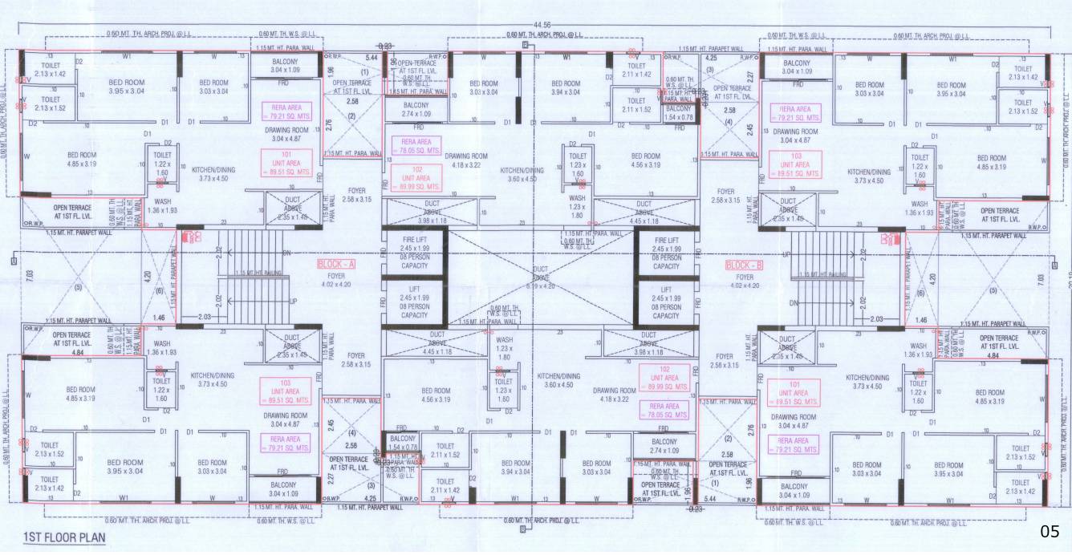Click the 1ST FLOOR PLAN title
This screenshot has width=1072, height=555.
63,537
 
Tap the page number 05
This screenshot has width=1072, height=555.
1050,531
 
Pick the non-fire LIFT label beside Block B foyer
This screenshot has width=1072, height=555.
666,302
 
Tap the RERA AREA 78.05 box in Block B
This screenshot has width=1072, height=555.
664,411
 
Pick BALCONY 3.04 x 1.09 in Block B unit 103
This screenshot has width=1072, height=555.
797,67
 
